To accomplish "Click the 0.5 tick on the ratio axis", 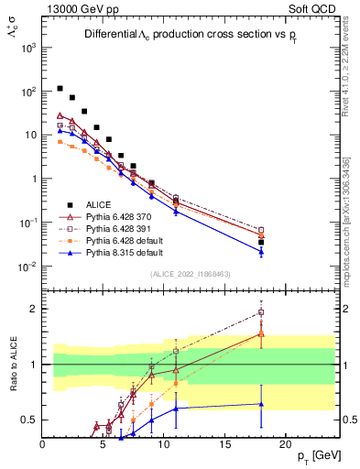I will tap(27, 420).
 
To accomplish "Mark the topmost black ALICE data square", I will tap(60, 89).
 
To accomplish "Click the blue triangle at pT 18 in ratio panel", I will tap(261, 404).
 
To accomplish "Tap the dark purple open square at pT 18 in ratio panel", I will tap(261, 312).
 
